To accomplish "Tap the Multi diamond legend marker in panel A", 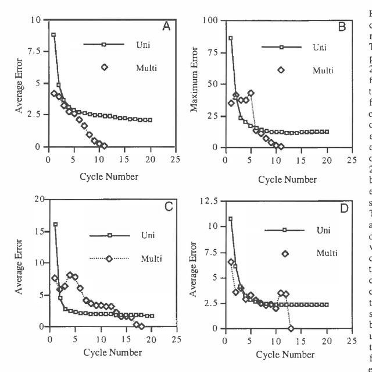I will [105, 67].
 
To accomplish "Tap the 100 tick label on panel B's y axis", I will [210, 20].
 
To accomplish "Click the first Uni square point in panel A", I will [53, 35].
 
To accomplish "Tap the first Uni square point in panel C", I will [55, 224].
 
